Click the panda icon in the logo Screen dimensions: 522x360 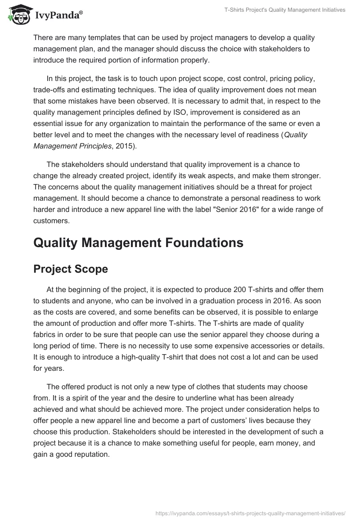pos(18,14)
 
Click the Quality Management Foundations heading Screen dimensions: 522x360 pos(138,243)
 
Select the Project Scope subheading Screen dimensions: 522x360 pos(71,269)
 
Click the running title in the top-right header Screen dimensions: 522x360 pos(284,10)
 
